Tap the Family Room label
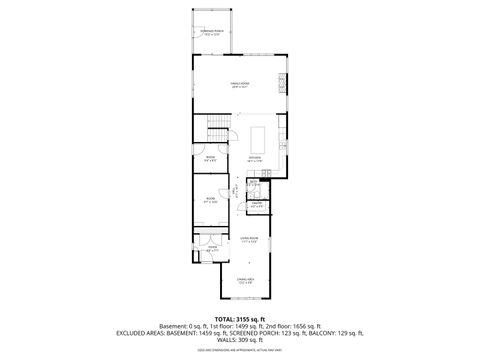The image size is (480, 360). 241,84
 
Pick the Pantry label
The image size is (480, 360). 256,205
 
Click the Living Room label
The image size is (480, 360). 250,239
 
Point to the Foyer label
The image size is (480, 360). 212,247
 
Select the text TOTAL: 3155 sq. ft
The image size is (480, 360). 239,320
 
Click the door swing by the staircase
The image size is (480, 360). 231,121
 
